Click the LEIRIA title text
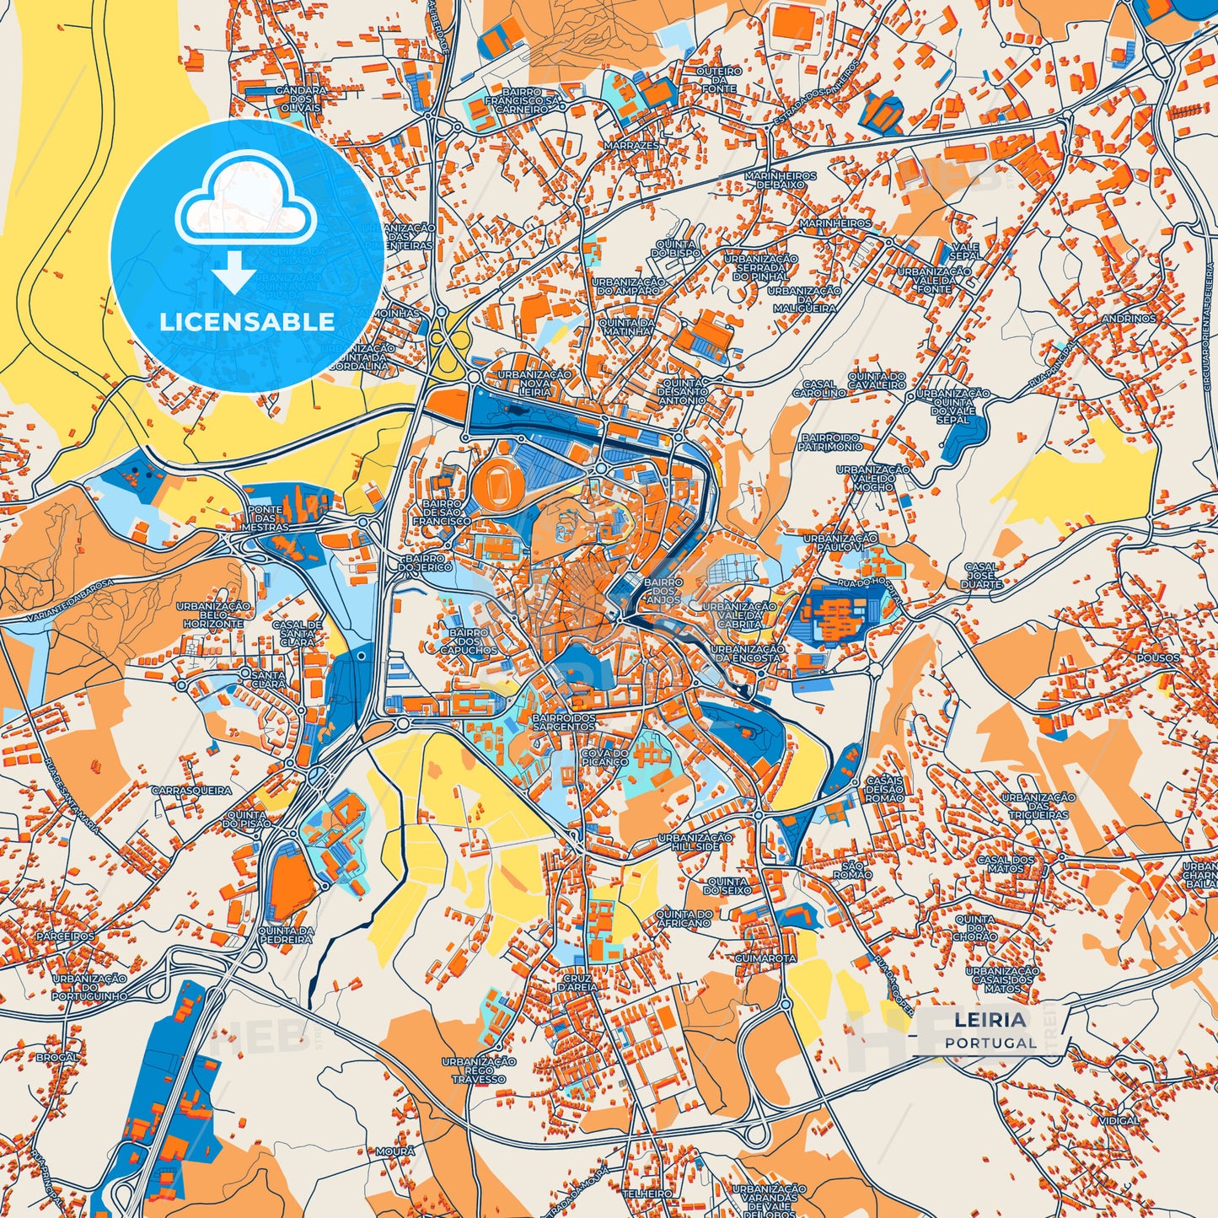pos(990,1021)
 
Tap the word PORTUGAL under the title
pos(990,1043)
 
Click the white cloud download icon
pos(245,207)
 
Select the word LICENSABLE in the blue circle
pos(247,321)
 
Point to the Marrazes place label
pos(631,146)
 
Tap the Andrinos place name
pos(1129,319)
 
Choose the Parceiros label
pos(66,936)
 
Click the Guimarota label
pos(765,958)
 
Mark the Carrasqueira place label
pos(191,791)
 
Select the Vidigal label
pos(1119,1121)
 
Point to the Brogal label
pos(57,1057)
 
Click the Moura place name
pos(394,1151)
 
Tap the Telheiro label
pos(647,1194)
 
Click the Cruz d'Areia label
pos(577,983)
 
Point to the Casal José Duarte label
pos(981,575)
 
